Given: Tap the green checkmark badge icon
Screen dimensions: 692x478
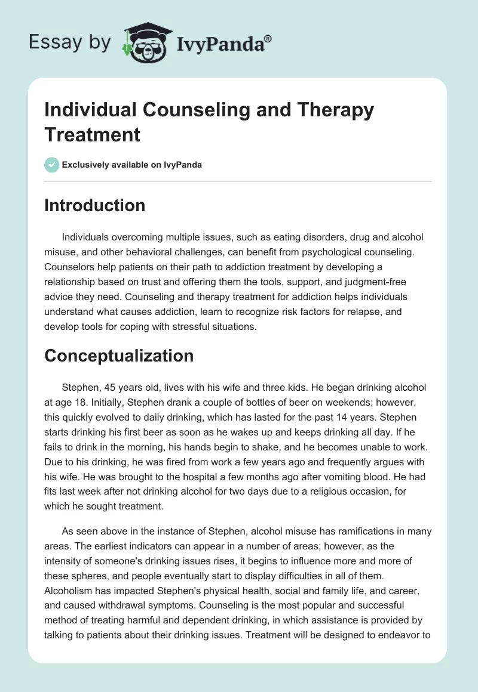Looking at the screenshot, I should tap(51, 165).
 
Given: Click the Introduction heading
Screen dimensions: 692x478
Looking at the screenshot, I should tap(95, 205).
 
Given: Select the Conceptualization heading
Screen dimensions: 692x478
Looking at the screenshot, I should tap(119, 356).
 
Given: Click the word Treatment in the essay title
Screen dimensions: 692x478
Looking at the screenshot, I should tap(93, 134).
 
